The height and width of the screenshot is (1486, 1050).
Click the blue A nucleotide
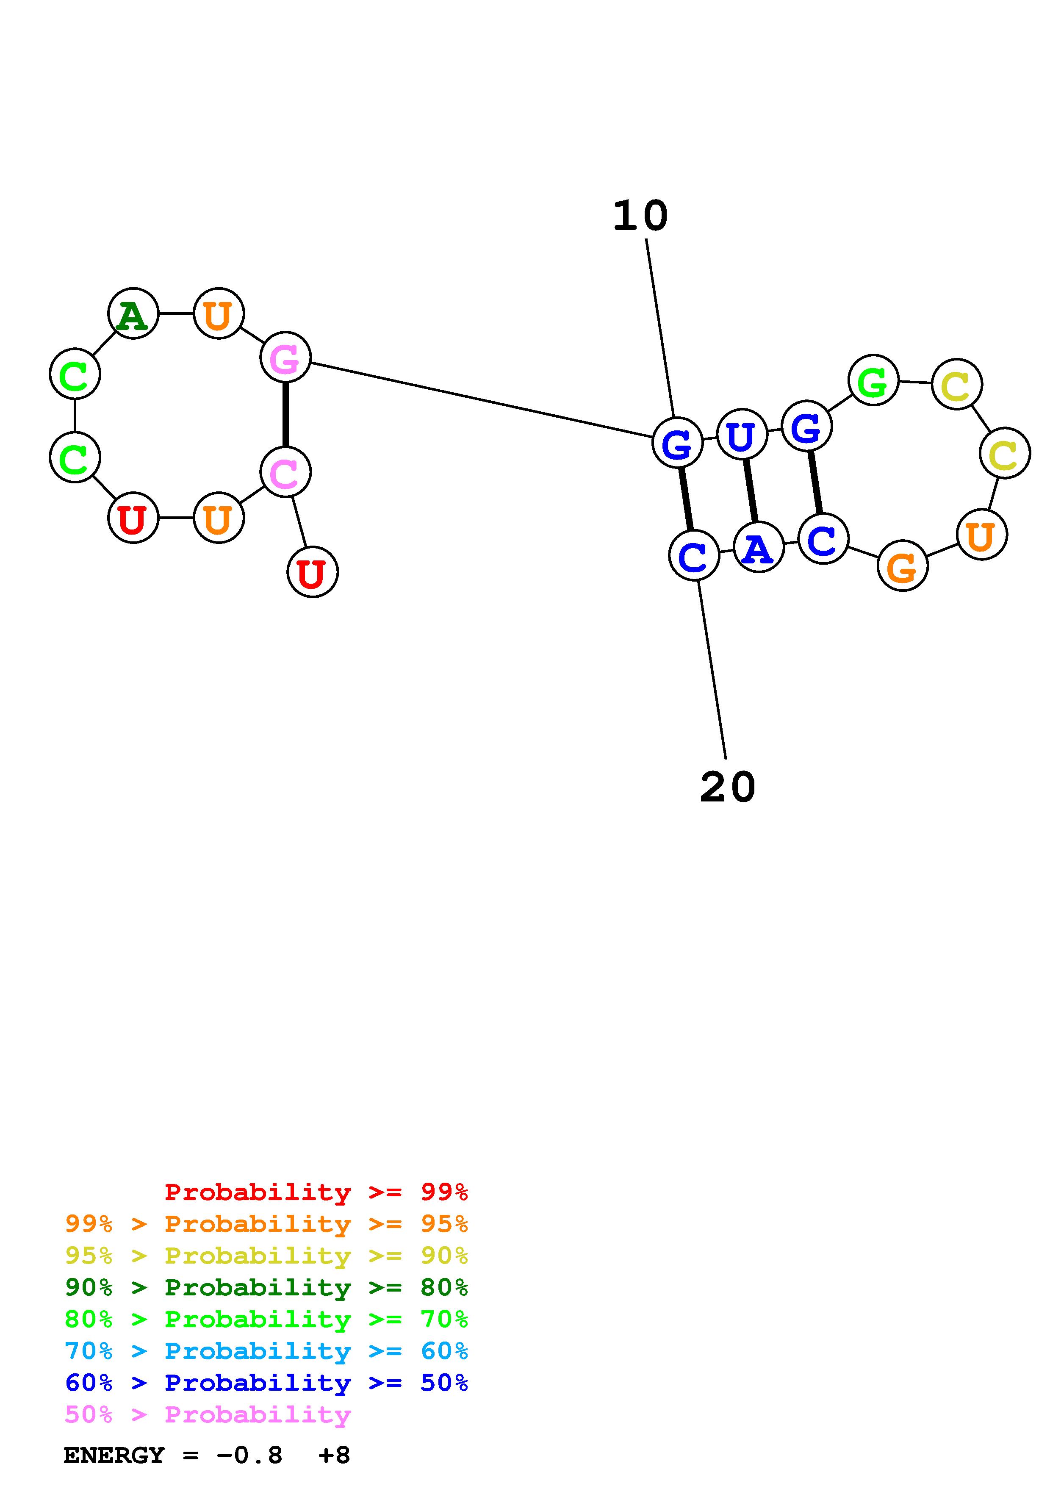tap(758, 548)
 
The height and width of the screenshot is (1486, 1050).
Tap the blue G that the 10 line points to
tap(677, 444)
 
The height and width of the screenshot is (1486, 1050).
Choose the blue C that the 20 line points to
tap(693, 555)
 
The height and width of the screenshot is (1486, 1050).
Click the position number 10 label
tap(640, 216)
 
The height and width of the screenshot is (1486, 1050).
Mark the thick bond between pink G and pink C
tap(285, 414)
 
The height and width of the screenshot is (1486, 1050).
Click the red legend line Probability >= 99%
tap(316, 1192)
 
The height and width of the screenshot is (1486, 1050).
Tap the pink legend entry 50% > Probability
tap(208, 1415)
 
